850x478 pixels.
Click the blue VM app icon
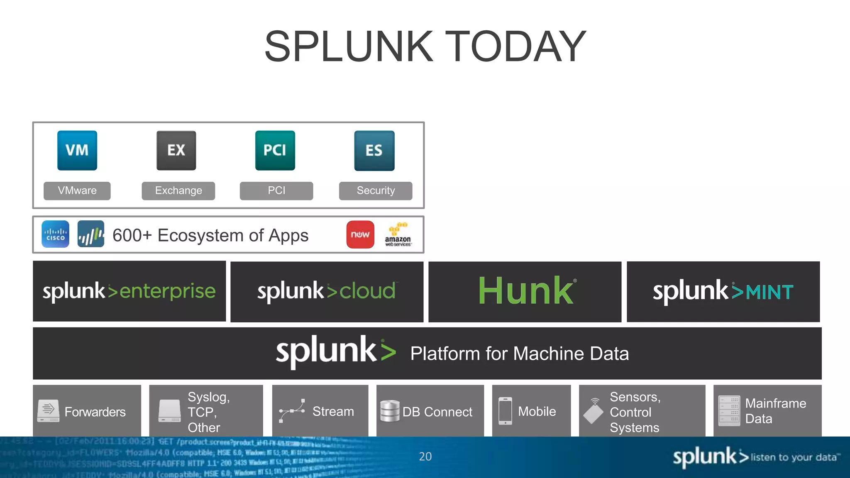(x=77, y=150)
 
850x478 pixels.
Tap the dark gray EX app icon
(x=176, y=150)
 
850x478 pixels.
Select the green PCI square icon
(x=275, y=150)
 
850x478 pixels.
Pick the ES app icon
(x=374, y=150)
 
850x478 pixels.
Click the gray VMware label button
(x=77, y=190)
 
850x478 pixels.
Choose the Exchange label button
(x=178, y=190)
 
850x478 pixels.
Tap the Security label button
(x=376, y=190)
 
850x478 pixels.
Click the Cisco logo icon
(x=56, y=234)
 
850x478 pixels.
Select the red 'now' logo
(x=360, y=234)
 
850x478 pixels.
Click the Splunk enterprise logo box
(x=129, y=291)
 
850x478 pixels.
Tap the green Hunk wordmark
(x=526, y=291)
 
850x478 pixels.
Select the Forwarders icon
(x=48, y=411)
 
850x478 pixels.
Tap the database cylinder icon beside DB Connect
(x=390, y=411)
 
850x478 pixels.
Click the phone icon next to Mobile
(x=505, y=411)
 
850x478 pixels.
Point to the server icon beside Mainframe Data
(x=729, y=411)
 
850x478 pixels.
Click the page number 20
(x=425, y=456)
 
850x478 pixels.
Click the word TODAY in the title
(x=516, y=46)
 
